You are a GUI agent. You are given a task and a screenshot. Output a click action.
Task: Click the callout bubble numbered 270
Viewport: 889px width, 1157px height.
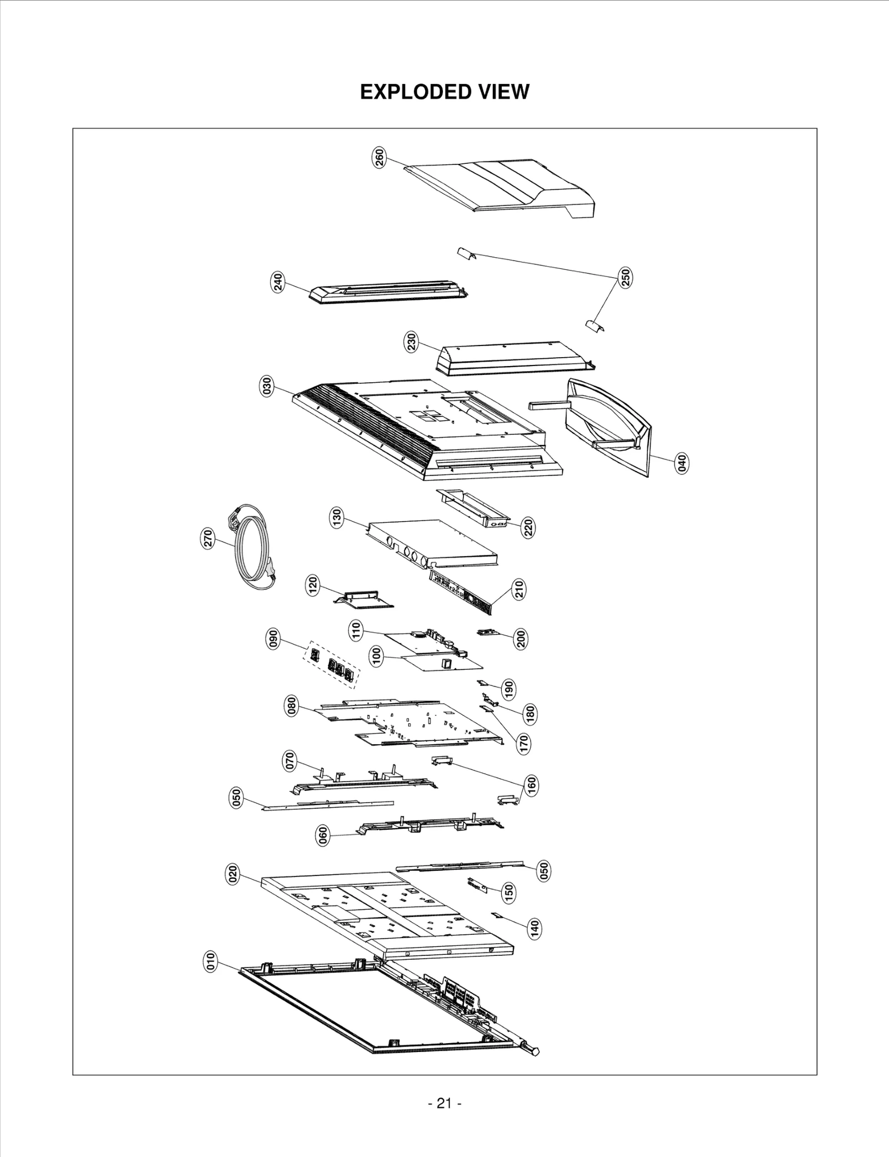click(x=208, y=539)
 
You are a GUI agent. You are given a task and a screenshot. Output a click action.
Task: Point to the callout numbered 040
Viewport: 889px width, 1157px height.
click(x=682, y=463)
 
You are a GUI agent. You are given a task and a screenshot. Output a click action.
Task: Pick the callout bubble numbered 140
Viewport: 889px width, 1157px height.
click(x=534, y=927)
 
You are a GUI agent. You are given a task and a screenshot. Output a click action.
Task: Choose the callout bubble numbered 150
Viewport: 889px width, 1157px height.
click(x=508, y=893)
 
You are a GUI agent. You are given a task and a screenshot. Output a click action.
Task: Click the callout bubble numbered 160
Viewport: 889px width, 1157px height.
click(x=531, y=785)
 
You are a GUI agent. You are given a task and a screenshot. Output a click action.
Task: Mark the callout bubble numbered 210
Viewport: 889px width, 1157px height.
click(x=519, y=589)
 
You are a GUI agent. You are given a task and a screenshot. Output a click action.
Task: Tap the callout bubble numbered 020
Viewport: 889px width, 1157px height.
click(x=233, y=874)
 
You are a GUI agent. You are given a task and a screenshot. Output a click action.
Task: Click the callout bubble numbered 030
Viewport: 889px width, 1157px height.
click(x=267, y=385)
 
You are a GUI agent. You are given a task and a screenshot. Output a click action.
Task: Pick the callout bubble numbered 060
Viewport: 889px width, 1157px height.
click(x=322, y=835)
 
